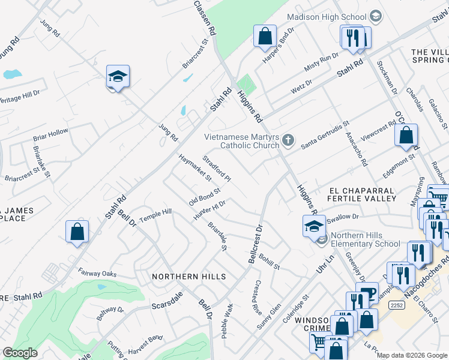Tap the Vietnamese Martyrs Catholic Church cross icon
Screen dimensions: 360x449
pyautogui.click(x=289, y=141)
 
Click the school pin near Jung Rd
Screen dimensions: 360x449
pyautogui.click(x=118, y=77)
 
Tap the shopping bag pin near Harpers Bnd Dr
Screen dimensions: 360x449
pyautogui.click(x=264, y=36)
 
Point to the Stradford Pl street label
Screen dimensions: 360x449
pyautogui.click(x=217, y=169)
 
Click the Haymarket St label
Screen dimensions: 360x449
pyautogui.click(x=195, y=167)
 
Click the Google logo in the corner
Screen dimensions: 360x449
pyautogui.click(x=20, y=353)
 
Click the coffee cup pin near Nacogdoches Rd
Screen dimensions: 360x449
pyautogui.click(x=367, y=293)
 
